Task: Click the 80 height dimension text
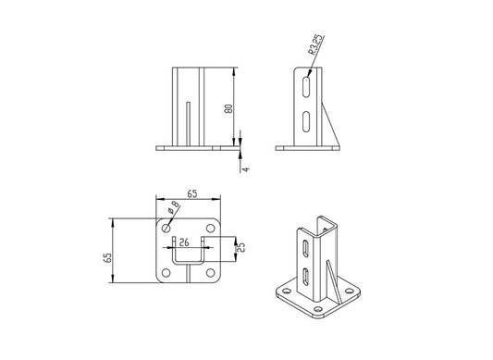(228, 107)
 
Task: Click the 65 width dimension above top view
(191, 194)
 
